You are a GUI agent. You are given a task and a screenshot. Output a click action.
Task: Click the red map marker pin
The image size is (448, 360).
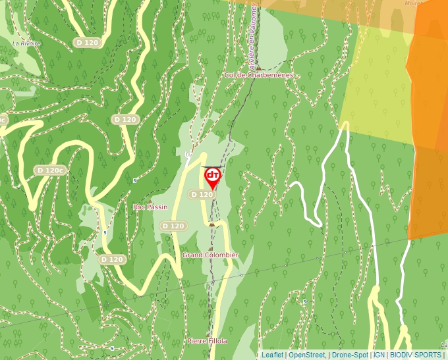[x=213, y=176]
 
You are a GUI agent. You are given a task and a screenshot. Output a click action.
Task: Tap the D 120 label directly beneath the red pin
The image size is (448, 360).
[x=202, y=195]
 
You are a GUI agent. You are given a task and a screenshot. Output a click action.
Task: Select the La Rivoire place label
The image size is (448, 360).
[x=26, y=43]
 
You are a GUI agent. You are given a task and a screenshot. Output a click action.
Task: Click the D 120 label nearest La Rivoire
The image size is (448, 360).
[x=87, y=42]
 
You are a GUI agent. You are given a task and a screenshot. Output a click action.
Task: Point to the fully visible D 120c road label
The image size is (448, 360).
[x=51, y=170]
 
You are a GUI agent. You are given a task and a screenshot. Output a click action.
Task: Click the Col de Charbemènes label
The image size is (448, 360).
[x=258, y=75]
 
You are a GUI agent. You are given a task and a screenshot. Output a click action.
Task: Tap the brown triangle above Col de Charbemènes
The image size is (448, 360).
[x=259, y=67]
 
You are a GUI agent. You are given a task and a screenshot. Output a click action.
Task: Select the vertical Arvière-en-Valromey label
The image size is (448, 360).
[x=253, y=36]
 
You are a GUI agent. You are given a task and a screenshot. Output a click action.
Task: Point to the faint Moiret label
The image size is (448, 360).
[x=414, y=3]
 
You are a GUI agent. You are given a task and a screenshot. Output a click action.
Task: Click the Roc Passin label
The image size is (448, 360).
[x=150, y=207]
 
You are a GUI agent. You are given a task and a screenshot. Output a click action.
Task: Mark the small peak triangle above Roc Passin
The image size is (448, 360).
[x=150, y=199]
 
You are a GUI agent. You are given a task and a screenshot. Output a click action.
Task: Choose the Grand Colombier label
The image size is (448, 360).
[x=210, y=255]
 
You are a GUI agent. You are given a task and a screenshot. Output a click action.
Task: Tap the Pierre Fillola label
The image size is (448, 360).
[x=207, y=341]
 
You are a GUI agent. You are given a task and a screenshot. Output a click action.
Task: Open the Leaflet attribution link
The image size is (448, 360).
[x=272, y=355]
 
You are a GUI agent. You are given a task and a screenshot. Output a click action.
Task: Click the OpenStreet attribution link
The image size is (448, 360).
[x=306, y=355]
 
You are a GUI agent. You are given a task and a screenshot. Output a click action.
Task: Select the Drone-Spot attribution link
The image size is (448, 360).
[x=350, y=355]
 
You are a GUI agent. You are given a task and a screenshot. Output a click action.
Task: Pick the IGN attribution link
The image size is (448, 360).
[x=379, y=355]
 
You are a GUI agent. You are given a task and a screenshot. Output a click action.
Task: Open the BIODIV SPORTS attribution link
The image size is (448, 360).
[x=416, y=355]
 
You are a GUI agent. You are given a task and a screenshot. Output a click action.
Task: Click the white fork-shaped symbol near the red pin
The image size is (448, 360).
[x=188, y=155]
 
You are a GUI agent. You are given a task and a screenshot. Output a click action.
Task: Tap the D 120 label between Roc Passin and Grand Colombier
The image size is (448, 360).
[x=173, y=226]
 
